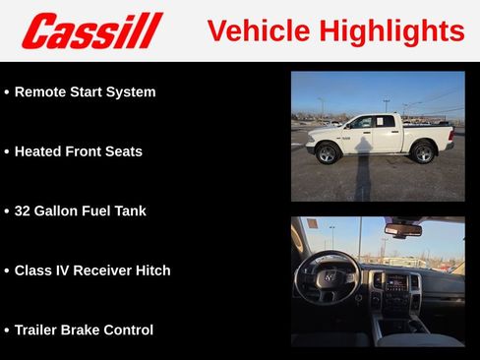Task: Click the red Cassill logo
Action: tap(91, 30)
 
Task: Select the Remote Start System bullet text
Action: tap(85, 92)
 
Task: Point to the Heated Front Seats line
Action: tap(78, 151)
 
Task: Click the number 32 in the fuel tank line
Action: tap(24, 210)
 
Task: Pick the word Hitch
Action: tap(151, 270)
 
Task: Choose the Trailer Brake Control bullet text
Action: tap(84, 330)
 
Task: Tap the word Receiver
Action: tap(97, 270)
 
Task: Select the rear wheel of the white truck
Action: tap(423, 153)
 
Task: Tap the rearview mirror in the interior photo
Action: tap(402, 230)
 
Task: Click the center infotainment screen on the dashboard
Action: tap(396, 282)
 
